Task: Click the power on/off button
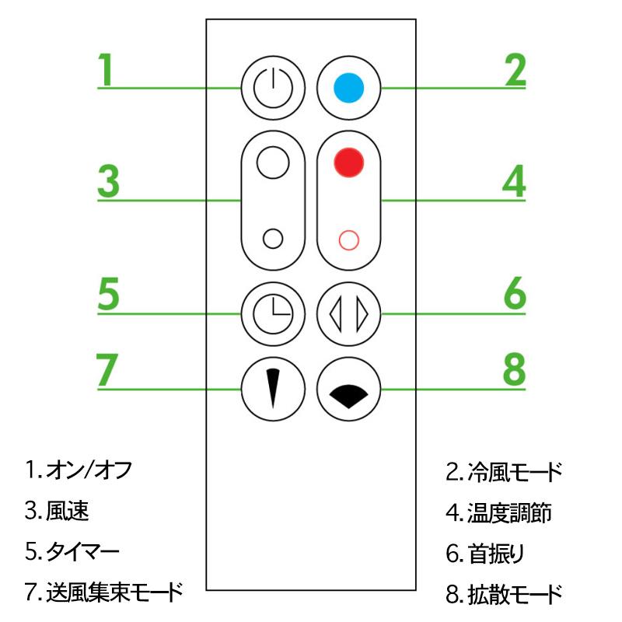[x=273, y=88]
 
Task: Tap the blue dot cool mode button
[x=348, y=88]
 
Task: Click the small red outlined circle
[x=348, y=240]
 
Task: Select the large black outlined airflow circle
[x=273, y=162]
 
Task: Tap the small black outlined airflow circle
[x=273, y=239]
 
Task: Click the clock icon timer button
[x=273, y=314]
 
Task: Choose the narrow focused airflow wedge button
[x=273, y=389]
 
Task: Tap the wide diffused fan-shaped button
[x=348, y=389]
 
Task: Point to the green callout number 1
[x=106, y=69]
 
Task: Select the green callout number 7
[x=107, y=370]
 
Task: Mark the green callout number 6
[x=515, y=294]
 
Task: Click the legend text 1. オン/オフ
[x=79, y=470]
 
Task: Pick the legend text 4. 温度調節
[x=498, y=512]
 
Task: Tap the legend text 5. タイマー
[x=72, y=551]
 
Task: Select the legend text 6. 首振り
[x=485, y=554]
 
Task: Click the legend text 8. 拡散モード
[x=504, y=594]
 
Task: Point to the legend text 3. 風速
[x=57, y=511]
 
